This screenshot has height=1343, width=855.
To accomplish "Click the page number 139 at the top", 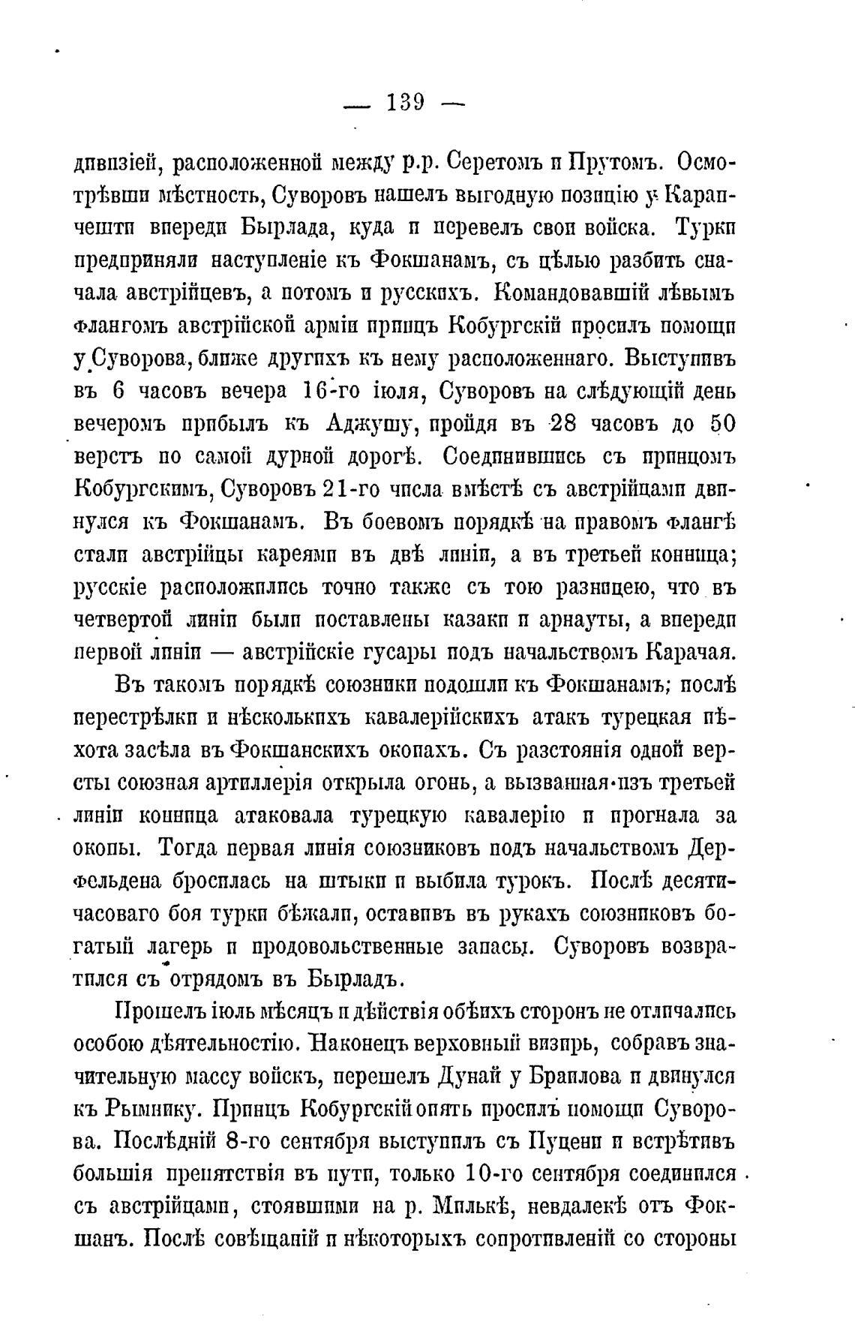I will pyautogui.click(x=406, y=102).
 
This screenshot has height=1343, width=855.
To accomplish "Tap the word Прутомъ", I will pyautogui.click(x=618, y=161).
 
